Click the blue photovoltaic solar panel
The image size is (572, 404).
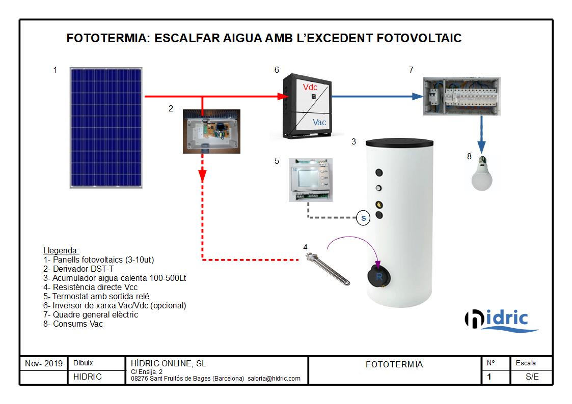pyautogui.click(x=106, y=128)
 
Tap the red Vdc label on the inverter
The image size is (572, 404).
pyautogui.click(x=310, y=88)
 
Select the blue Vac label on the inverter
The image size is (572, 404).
pyautogui.click(x=319, y=123)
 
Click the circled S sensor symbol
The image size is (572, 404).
pyautogui.click(x=363, y=218)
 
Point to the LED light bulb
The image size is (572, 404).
pyautogui.click(x=482, y=174)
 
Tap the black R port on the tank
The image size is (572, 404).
pyautogui.click(x=379, y=276)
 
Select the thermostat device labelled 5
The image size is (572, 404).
pyautogui.click(x=310, y=180)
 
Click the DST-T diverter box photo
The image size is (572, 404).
pyautogui.click(x=211, y=131)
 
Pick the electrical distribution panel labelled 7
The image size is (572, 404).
pyautogui.click(x=461, y=96)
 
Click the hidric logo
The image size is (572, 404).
pyautogui.click(x=501, y=321)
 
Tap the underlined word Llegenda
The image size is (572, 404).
pyautogui.click(x=61, y=251)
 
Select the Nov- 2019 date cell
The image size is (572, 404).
pyautogui.click(x=44, y=364)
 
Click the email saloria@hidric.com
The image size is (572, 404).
pyautogui.click(x=274, y=379)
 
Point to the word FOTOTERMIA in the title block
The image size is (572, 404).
pyautogui.click(x=394, y=365)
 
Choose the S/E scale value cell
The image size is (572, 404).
pyautogui.click(x=532, y=377)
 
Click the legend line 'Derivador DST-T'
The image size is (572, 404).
pyautogui.click(x=78, y=269)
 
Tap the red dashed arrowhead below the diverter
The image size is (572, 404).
pyautogui.click(x=202, y=176)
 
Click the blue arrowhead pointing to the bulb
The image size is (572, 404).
pyautogui.click(x=481, y=147)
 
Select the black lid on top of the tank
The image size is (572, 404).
pyautogui.click(x=399, y=142)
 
